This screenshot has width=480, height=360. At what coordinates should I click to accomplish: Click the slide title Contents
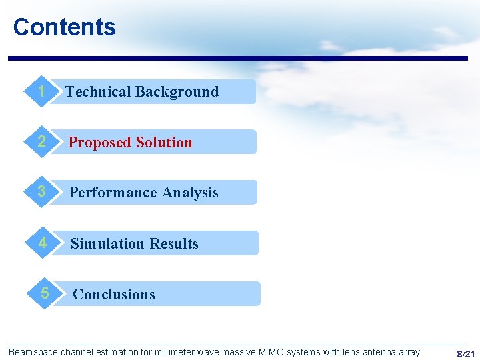(x=64, y=27)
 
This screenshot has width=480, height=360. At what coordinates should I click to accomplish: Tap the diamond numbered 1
(x=42, y=92)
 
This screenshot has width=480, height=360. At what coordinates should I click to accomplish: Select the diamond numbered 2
(x=42, y=142)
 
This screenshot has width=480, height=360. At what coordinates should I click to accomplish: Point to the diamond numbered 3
(x=42, y=192)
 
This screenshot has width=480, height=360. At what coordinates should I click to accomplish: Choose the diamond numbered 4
(x=42, y=243)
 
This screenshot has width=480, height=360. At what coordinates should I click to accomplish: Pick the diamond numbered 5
(x=45, y=293)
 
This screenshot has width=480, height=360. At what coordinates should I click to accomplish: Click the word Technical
(x=97, y=92)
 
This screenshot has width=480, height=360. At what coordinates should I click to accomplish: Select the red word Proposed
(x=99, y=143)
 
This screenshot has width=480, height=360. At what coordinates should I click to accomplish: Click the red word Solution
(x=163, y=143)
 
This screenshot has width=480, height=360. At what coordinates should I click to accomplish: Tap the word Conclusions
(x=114, y=294)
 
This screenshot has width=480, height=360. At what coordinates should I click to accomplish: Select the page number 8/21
(x=465, y=354)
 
